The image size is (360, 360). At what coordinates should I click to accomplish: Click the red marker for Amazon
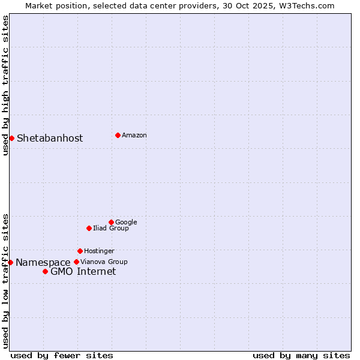point(118,135)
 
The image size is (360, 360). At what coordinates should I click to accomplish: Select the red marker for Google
point(111,222)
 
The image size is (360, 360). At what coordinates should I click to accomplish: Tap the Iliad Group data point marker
point(89,228)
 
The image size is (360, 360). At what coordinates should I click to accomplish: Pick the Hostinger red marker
point(80,251)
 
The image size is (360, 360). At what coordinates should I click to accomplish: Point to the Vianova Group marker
point(76,262)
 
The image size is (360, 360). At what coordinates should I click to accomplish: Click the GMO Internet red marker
point(45,271)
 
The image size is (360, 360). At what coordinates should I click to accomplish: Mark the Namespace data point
point(10,262)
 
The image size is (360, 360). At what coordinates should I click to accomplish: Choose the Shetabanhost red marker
point(11,138)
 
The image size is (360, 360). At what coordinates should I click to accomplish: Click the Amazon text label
point(134,135)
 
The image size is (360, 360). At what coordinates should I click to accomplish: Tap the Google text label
point(126,222)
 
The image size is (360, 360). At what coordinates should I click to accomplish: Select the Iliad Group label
point(111,228)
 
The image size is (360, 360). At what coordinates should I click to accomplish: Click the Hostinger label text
point(99,251)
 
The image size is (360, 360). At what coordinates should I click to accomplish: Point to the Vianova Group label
point(104,262)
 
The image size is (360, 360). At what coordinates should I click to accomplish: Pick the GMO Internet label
point(83,271)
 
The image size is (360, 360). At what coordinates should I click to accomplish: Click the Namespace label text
point(43,262)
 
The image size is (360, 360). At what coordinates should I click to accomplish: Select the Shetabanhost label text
point(50,138)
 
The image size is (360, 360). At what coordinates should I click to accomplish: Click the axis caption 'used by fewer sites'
point(62,355)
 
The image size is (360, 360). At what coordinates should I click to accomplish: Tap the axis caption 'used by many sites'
point(301,355)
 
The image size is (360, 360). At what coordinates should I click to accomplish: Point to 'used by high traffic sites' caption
point(5,85)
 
